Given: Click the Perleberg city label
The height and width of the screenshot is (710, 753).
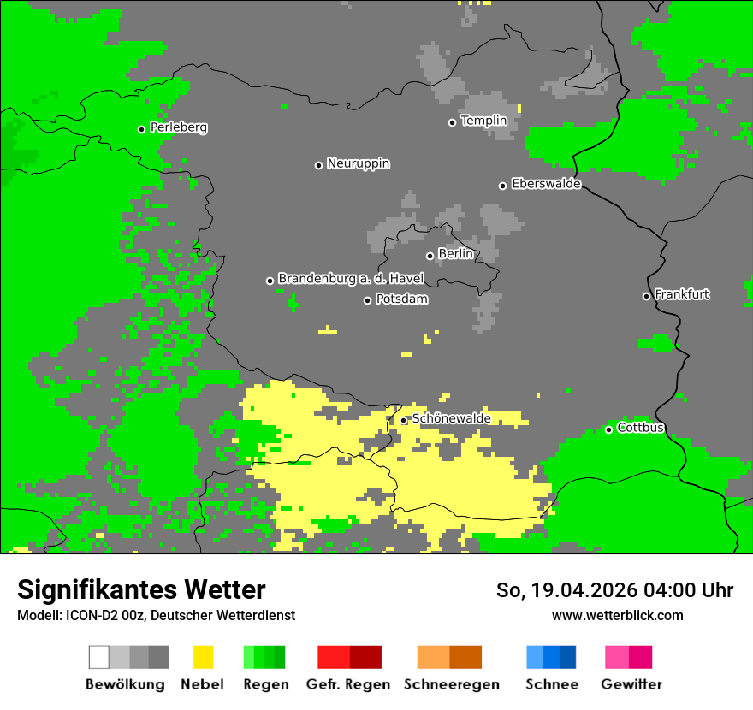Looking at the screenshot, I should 178,127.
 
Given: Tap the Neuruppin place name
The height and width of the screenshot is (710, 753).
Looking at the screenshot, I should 358,163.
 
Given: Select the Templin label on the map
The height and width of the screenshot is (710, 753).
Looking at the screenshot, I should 483,121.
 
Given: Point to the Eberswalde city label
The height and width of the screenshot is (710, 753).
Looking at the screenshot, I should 546,184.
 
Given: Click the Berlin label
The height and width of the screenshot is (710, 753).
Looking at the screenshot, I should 455,254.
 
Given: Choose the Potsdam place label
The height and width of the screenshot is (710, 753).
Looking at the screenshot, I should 401,299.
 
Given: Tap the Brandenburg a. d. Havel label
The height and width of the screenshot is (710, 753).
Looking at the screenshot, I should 351,279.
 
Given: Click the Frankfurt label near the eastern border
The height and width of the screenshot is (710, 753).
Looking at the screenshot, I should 682,294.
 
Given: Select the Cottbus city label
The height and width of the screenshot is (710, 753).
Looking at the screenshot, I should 640,428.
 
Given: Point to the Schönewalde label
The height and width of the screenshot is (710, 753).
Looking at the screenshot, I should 451,418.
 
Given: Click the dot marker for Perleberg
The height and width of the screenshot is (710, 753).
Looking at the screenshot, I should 142,129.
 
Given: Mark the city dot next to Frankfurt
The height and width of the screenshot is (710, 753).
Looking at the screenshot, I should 647,296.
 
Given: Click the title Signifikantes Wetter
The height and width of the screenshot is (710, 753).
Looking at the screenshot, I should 141,589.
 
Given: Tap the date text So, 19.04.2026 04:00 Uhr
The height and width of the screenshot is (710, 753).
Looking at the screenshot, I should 614,590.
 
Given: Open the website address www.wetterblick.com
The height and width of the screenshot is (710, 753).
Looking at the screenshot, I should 617,615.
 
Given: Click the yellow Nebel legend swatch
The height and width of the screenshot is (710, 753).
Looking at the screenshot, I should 203,657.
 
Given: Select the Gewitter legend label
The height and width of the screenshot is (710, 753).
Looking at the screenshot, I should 631,684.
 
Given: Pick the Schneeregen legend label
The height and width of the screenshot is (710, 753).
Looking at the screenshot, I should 451,684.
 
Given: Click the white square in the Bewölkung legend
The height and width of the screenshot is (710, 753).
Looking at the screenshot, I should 99,657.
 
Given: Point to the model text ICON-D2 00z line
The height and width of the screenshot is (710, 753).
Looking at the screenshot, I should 156,615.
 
